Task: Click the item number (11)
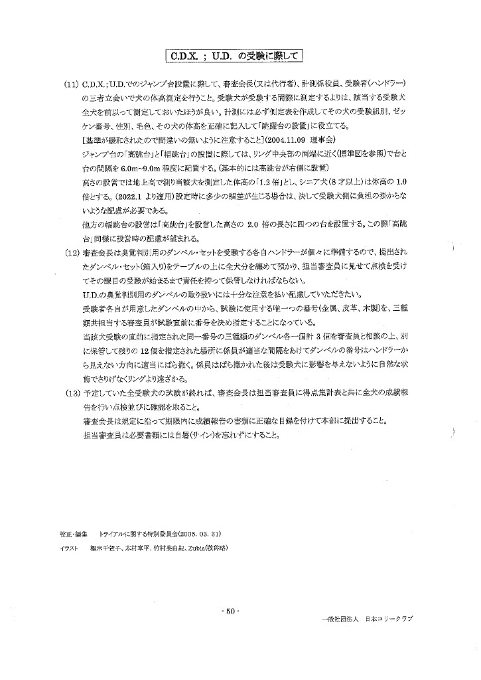(72, 86)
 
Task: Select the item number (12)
(72, 253)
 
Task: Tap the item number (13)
(72, 391)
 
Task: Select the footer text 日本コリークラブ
(389, 619)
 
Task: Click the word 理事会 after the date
(324, 141)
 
